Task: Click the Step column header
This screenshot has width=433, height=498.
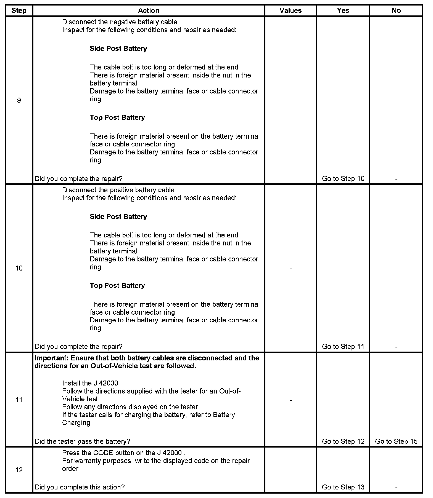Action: [19, 10]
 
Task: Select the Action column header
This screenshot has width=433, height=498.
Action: [148, 10]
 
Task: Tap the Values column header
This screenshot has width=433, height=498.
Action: [290, 10]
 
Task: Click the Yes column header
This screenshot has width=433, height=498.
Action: [343, 10]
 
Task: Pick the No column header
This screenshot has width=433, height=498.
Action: [396, 10]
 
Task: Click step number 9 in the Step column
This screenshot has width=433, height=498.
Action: [19, 100]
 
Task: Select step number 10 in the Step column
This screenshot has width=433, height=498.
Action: [19, 268]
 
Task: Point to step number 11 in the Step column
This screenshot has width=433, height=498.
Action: [19, 400]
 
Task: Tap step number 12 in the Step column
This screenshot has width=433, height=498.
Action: [19, 470]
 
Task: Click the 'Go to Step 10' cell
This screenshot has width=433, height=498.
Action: [343, 178]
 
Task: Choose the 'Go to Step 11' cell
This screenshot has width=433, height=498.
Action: [343, 346]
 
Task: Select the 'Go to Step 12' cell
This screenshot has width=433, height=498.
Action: [343, 441]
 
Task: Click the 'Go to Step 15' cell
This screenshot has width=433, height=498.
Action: [396, 441]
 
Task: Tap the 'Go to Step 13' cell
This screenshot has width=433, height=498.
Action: [343, 487]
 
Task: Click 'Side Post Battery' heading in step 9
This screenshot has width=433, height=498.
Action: [118, 49]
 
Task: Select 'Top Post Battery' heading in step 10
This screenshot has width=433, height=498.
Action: [117, 285]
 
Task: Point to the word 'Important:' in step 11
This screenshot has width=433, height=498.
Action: [51, 358]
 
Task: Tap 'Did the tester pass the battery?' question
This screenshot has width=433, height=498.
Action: [82, 441]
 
